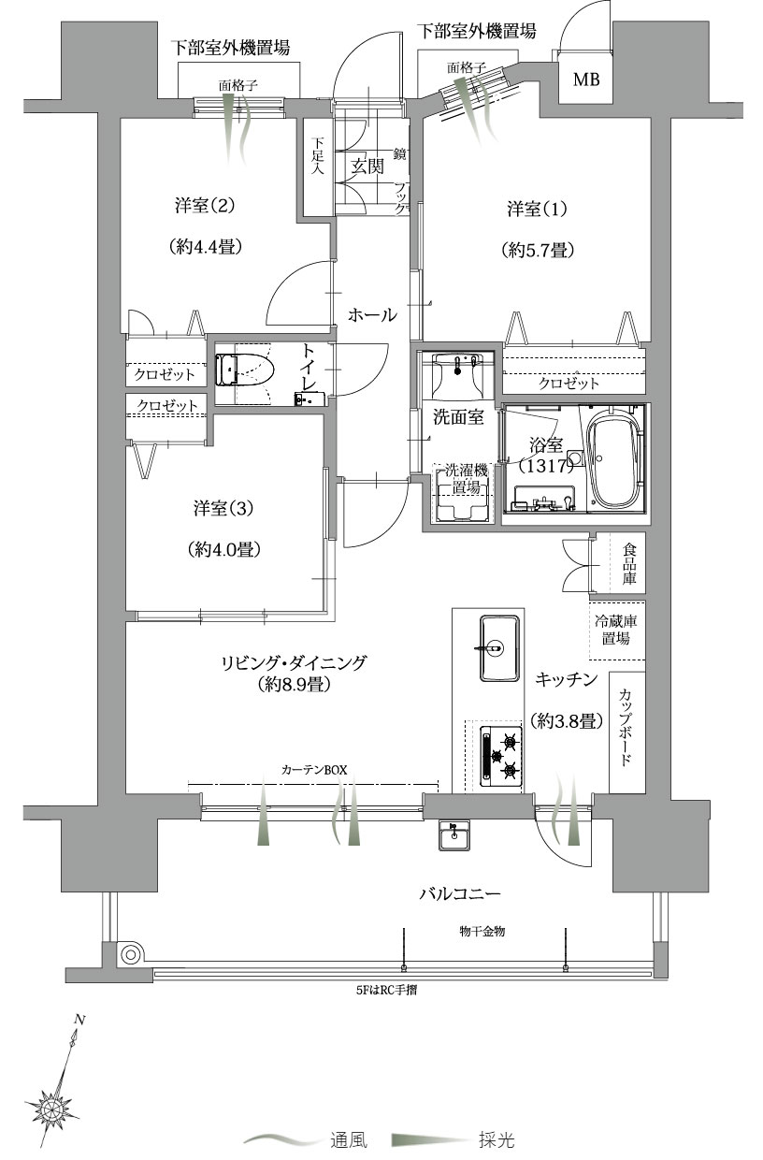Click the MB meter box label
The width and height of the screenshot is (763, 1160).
586,80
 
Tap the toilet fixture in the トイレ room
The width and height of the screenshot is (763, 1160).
244,370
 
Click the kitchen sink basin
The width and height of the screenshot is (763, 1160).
499,648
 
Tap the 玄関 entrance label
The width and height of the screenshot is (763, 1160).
367,166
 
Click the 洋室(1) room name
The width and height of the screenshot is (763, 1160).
537,210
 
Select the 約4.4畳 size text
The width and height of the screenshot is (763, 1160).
206,247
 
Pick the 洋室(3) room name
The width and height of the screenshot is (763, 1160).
223,508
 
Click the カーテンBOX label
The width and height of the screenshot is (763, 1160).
314,770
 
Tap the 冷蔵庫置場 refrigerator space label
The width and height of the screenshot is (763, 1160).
615,630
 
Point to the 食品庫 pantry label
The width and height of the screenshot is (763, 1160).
629,563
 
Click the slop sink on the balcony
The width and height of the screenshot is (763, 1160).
454,835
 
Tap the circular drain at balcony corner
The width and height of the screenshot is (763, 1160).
131,954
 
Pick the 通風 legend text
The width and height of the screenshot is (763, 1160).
349,1139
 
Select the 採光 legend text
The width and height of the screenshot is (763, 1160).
497,1139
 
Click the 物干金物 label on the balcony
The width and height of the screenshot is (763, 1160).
482,931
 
